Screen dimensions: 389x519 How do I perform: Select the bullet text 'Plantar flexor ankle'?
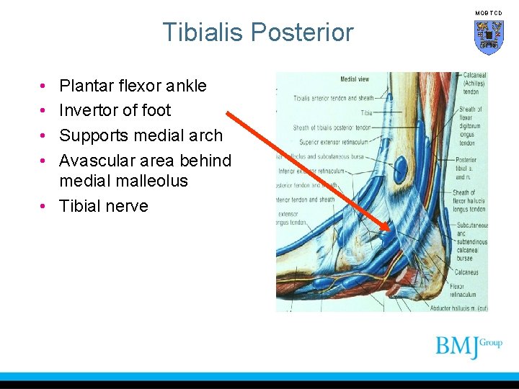pos(133,86)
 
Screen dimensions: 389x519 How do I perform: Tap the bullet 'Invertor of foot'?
pos(115,110)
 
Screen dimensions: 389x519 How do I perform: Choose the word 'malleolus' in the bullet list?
pos(154,181)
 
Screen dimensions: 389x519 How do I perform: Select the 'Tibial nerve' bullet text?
pos(103,206)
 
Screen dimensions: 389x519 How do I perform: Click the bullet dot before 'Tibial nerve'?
pos(45,206)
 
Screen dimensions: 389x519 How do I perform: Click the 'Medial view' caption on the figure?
pos(355,79)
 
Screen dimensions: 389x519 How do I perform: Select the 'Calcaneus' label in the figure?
pos(466,272)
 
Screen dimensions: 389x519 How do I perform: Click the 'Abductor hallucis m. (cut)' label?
pos(458,308)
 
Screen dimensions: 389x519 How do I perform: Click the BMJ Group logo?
pos(468,346)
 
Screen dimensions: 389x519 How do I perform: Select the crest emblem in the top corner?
pos(488,36)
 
